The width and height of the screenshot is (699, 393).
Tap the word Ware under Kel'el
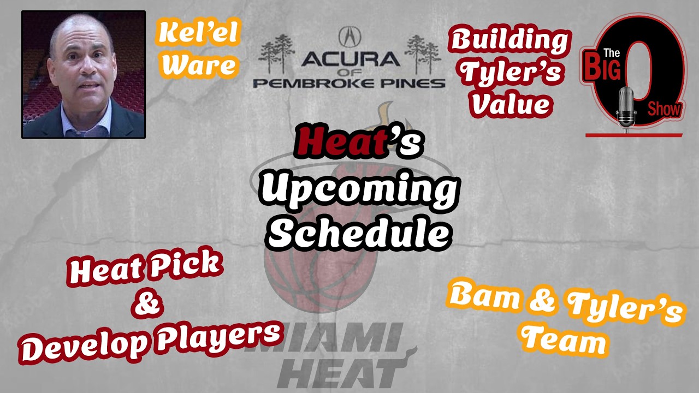click(x=198, y=64)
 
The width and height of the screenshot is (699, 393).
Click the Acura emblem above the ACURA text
click(x=350, y=36)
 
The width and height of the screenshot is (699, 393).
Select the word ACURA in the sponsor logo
click(x=351, y=59)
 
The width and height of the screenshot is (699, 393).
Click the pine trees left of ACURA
click(x=276, y=53)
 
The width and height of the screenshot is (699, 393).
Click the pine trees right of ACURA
click(x=423, y=54)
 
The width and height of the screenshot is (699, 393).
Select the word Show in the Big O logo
click(x=664, y=110)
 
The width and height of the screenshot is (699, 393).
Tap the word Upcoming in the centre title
click(x=359, y=191)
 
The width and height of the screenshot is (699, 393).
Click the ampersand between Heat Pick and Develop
click(x=147, y=302)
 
